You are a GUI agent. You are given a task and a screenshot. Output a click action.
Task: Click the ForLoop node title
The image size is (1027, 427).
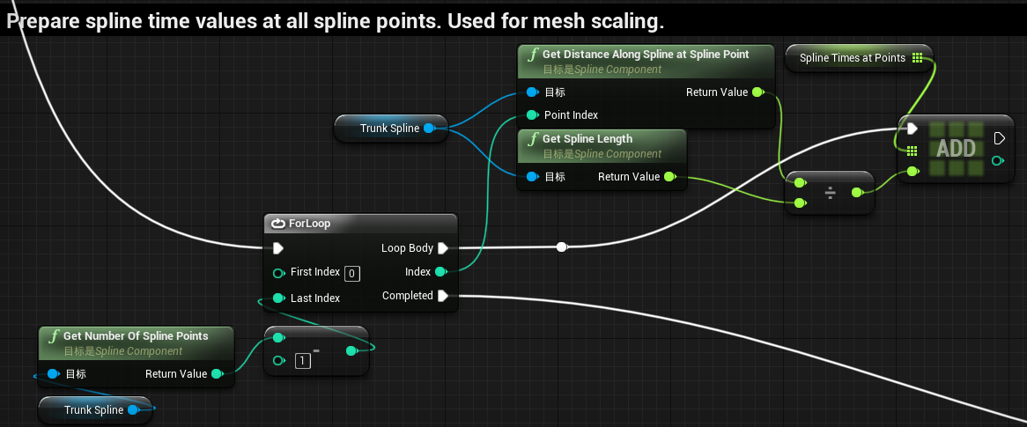(309, 224)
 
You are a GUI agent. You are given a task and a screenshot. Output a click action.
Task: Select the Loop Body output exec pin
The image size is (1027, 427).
(443, 248)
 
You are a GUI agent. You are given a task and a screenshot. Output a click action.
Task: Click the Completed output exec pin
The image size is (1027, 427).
(443, 296)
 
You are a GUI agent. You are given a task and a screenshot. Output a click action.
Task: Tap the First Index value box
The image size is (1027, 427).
(352, 273)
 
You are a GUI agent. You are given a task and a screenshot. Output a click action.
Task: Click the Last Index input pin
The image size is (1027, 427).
(278, 298)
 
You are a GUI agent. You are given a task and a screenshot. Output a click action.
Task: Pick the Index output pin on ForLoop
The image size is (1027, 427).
(440, 272)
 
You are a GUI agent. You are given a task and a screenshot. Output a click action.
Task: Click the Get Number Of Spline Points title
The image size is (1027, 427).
(136, 335)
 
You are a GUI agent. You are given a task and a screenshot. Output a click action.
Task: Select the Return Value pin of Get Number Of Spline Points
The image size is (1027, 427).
(217, 374)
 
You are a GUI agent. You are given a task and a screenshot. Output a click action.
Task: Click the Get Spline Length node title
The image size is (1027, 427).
(587, 139)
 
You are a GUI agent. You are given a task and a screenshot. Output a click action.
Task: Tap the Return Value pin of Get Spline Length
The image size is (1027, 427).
(669, 177)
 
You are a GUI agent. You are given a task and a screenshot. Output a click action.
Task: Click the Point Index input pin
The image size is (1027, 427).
(532, 115)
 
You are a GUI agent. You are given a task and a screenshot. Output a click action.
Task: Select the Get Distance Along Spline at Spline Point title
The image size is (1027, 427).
(645, 55)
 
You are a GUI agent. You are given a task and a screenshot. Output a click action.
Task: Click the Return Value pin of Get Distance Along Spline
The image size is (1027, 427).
(757, 92)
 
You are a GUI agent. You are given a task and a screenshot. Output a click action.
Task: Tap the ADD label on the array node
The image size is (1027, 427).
(956, 147)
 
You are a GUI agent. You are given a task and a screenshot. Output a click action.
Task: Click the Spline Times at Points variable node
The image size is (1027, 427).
(852, 58)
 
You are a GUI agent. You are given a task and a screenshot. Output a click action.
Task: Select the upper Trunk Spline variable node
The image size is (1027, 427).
(389, 129)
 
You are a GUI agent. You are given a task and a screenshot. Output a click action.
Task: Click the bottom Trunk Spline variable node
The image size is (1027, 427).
(93, 410)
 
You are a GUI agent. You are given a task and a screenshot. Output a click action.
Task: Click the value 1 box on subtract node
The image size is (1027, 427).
(303, 360)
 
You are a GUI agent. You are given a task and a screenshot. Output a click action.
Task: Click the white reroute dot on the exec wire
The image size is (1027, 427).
(562, 247)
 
